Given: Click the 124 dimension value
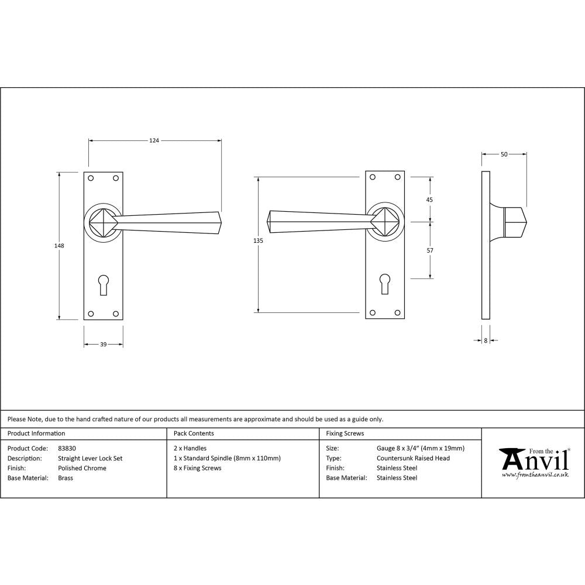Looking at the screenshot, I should point(154,140).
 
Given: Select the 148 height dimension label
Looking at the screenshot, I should point(59,246).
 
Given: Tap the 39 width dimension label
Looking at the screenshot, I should point(103,345).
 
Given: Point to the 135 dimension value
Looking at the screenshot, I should point(259,241).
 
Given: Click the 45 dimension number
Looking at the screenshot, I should point(429,199).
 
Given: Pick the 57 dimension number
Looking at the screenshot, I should point(429,250).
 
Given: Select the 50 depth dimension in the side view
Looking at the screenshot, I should point(504,154).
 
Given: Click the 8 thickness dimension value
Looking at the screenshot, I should point(486,340).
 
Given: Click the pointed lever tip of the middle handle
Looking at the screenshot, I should point(269,222).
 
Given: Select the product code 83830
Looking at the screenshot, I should point(67,449).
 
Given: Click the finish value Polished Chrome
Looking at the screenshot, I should point(82,468).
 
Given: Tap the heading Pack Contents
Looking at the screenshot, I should point(194,433).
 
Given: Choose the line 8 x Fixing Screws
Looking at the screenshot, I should point(198,468).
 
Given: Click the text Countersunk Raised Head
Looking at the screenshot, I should point(413,458).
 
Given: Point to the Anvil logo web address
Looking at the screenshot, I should point(535,475).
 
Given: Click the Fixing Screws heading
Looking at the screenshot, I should point(345,433).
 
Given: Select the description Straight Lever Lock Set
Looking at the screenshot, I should point(90,458).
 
